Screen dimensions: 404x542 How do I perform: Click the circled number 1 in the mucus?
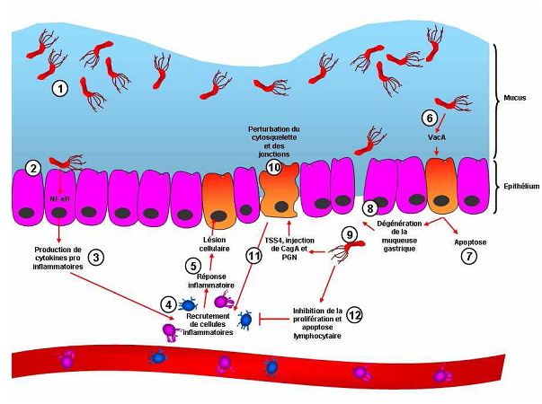coord(60,88)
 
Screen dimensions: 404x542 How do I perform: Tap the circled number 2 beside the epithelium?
coord(33,167)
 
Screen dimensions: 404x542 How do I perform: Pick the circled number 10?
coord(274,167)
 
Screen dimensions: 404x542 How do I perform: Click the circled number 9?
coord(352,233)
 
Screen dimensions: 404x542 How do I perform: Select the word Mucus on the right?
coord(515,92)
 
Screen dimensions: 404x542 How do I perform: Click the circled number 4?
coord(167,303)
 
